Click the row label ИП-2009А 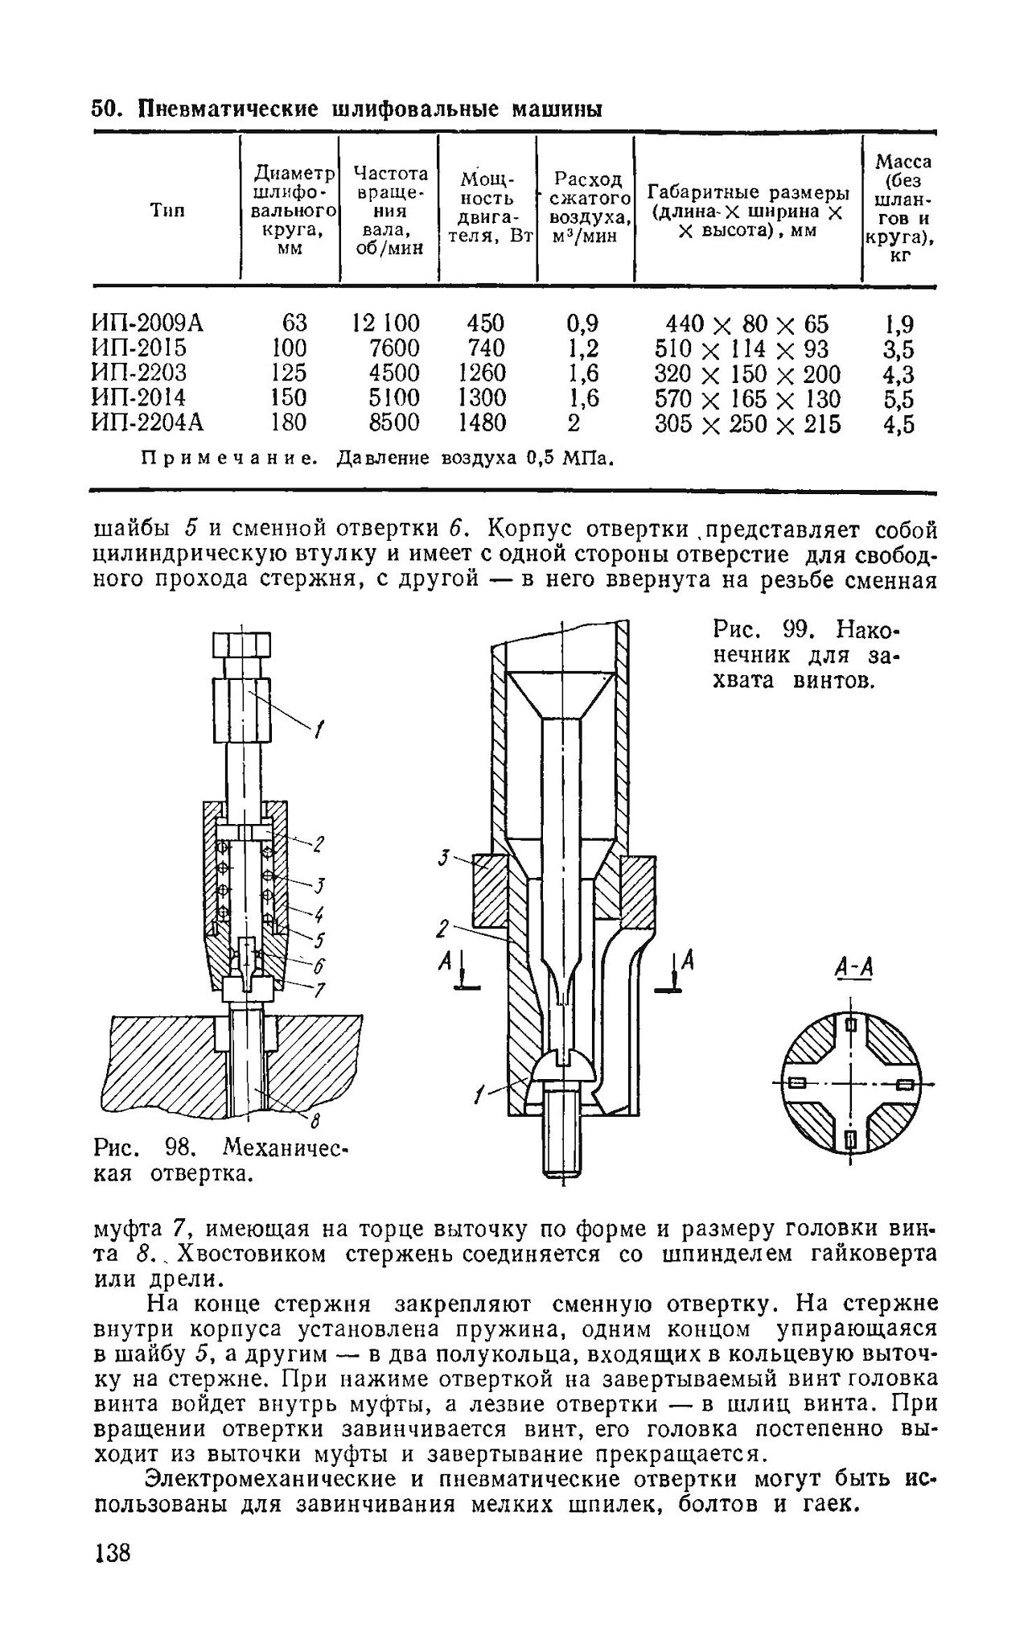point(148,323)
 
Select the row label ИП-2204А point(148,422)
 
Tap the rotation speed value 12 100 point(386,323)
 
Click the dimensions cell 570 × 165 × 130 point(747,398)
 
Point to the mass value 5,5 point(899,399)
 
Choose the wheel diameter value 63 point(294,323)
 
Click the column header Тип point(167,211)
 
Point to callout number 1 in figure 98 point(319,730)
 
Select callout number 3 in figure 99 point(444,858)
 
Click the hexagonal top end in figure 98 point(241,645)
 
